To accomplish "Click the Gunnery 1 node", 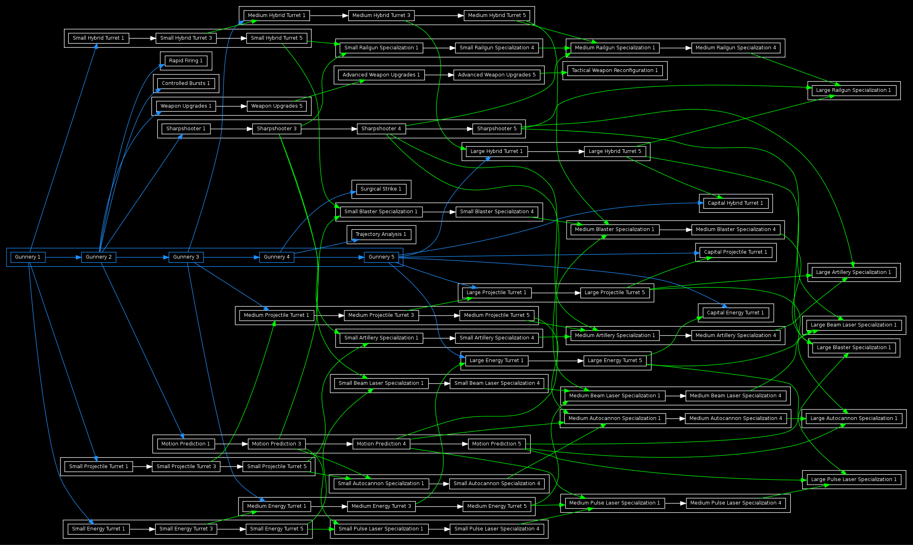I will tap(28, 257).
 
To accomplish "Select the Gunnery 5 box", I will tap(381, 257).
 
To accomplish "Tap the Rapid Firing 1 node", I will tap(186, 61).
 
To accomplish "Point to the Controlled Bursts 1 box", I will tap(186, 83).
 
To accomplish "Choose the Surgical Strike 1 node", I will tap(381, 189).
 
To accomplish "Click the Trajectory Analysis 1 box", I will tap(381, 234).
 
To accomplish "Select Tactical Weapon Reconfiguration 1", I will tap(614, 70).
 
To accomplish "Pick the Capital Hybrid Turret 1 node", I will tap(735, 203).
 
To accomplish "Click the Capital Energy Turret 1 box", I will tap(735, 313).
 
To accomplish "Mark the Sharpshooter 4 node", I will tap(381, 129).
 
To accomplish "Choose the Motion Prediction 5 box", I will tap(497, 444).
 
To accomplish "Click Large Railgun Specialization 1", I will tap(854, 90).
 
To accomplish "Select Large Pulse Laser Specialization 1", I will tap(854, 479).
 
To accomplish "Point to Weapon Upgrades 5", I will tap(276, 106).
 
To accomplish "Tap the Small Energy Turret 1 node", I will tap(98, 529).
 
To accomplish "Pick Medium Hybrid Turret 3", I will tap(381, 15).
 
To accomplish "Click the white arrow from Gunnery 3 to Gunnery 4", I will tap(231, 257).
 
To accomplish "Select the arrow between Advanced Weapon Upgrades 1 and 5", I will tap(439, 75).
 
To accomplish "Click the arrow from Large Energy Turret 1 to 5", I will tap(556, 361).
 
